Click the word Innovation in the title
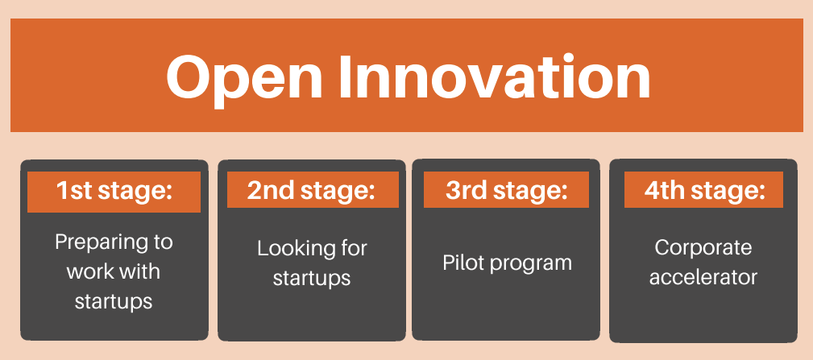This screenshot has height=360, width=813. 496,77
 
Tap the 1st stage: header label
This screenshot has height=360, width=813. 114,191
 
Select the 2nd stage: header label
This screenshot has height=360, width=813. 311,191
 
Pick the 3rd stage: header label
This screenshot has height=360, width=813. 507,191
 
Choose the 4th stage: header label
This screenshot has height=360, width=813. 705,191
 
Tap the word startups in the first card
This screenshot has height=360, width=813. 114,301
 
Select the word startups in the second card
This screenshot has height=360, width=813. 312,278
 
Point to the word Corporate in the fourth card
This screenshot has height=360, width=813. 703,247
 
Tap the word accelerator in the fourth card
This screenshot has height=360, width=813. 703,277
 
